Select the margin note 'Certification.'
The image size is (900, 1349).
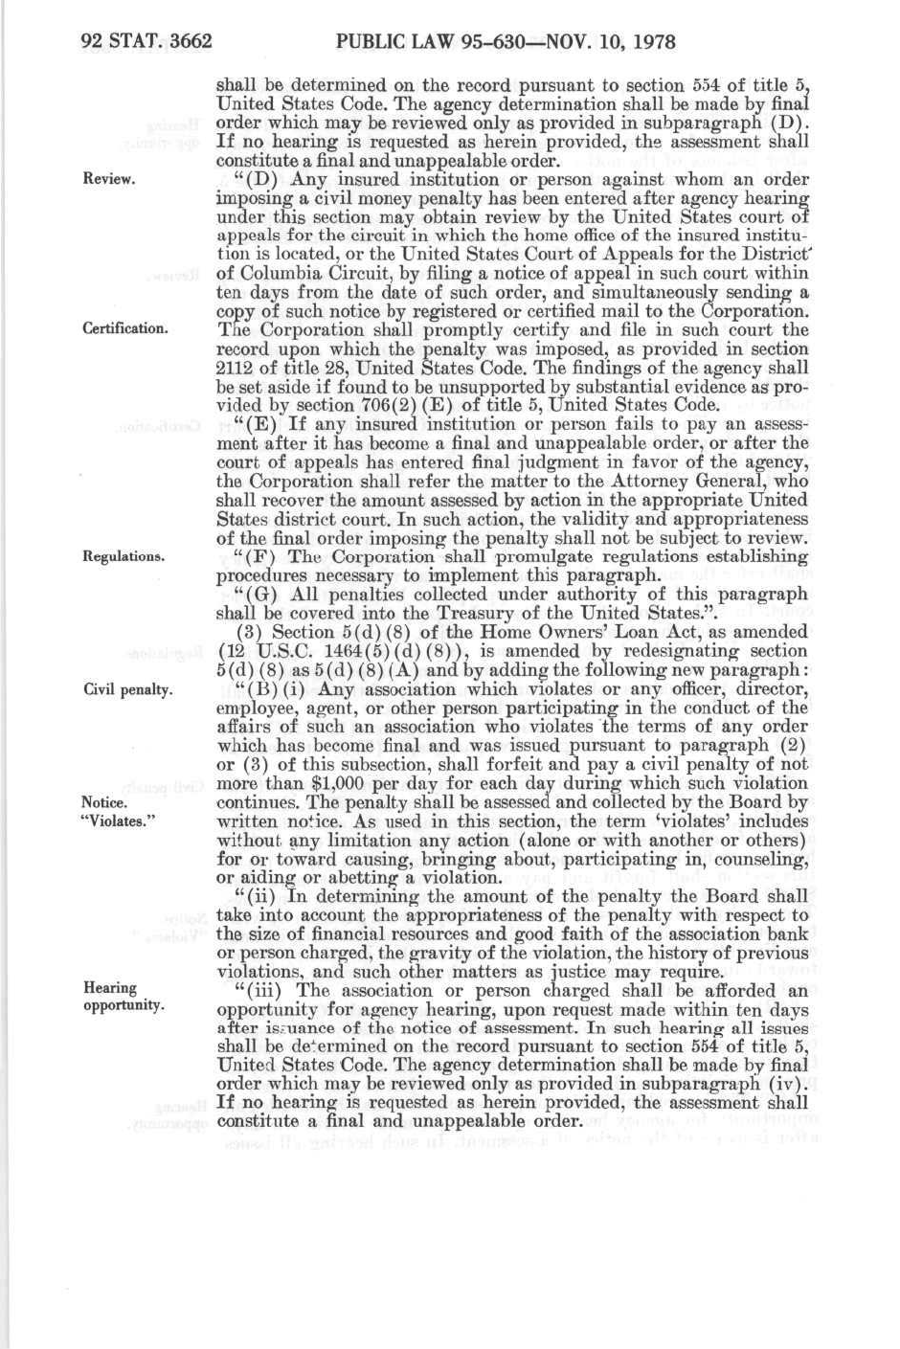point(125,329)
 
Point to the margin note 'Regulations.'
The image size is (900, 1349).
point(124,555)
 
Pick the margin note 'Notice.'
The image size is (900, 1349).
point(104,802)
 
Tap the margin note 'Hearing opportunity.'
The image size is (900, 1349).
point(124,997)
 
